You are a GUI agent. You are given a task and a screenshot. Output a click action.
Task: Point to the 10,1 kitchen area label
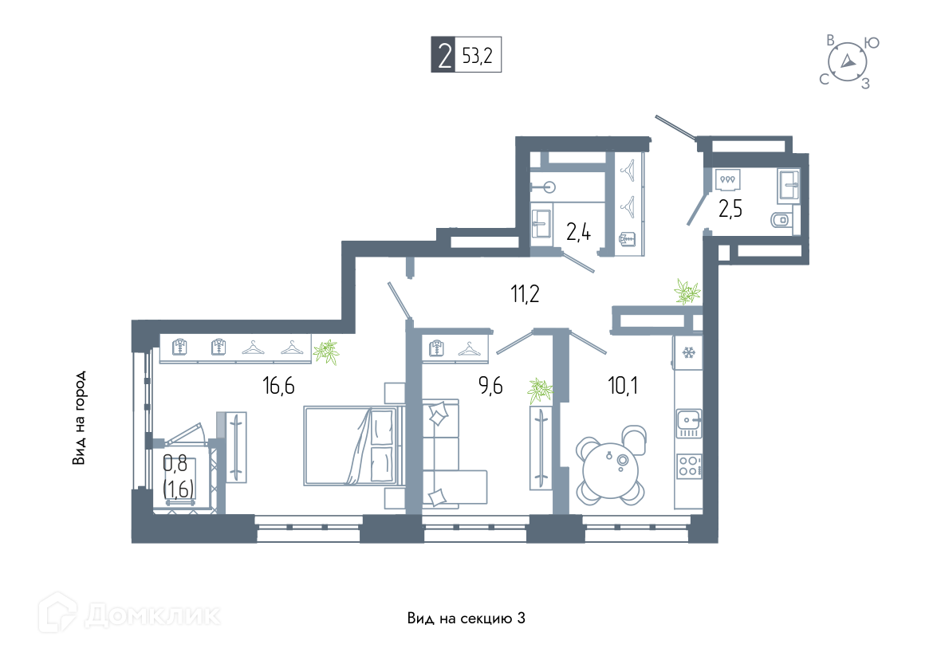click(x=622, y=387)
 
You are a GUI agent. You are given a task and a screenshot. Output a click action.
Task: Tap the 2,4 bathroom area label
click(x=579, y=232)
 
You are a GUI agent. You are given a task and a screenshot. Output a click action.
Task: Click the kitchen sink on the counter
click(x=687, y=421)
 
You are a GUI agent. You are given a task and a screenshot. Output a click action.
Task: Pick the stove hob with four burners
click(x=688, y=466)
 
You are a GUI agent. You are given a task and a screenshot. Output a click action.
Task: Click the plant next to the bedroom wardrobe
click(x=325, y=351)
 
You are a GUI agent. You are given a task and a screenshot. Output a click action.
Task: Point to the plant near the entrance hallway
click(x=687, y=292)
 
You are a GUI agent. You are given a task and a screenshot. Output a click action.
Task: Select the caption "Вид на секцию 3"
click(x=467, y=619)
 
